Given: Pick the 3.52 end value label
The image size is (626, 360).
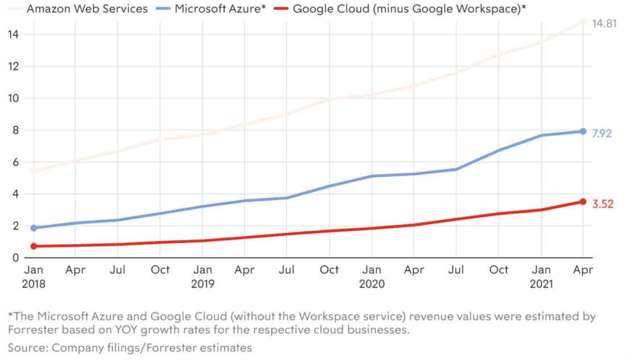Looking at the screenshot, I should pyautogui.click(x=603, y=204).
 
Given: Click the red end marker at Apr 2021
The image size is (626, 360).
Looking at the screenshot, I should pyautogui.click(x=583, y=201).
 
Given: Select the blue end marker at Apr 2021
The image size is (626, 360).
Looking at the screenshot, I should pyautogui.click(x=583, y=131).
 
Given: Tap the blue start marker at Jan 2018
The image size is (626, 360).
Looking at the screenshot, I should pyautogui.click(x=34, y=228).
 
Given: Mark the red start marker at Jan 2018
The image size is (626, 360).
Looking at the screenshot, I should pyautogui.click(x=34, y=246).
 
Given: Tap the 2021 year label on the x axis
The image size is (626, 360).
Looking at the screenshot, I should pyautogui.click(x=541, y=284).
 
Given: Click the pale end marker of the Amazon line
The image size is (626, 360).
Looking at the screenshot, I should pyautogui.click(x=583, y=22).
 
